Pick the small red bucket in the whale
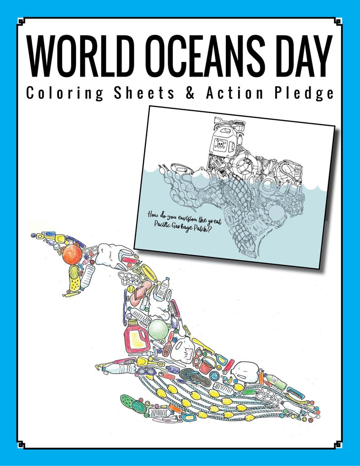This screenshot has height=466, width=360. click(x=206, y=364)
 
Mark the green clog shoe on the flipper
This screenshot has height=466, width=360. click(x=132, y=403)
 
